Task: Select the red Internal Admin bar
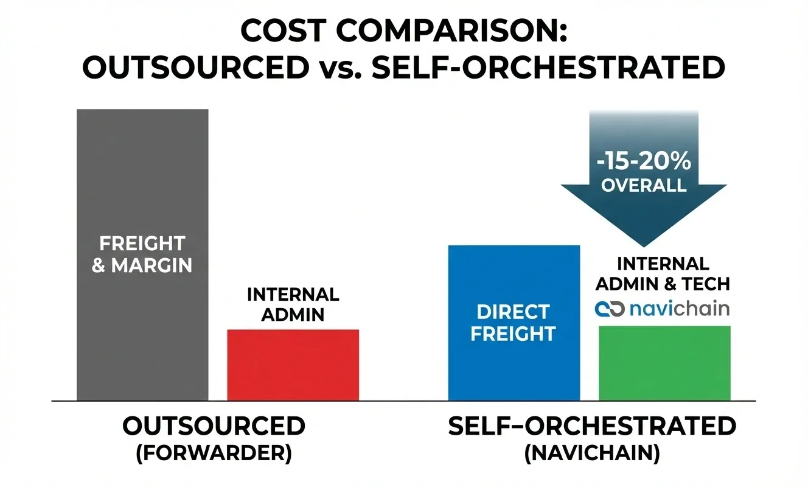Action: [293, 365]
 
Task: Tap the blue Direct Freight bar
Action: [514, 365]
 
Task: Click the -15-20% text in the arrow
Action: [644, 161]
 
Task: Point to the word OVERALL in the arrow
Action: [644, 185]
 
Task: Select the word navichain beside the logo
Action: [680, 308]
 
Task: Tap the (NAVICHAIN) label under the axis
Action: [592, 455]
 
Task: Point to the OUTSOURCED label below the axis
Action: [214, 427]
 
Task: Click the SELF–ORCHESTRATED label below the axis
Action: [592, 427]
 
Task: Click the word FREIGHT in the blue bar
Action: [513, 334]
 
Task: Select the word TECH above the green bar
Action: [706, 284]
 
